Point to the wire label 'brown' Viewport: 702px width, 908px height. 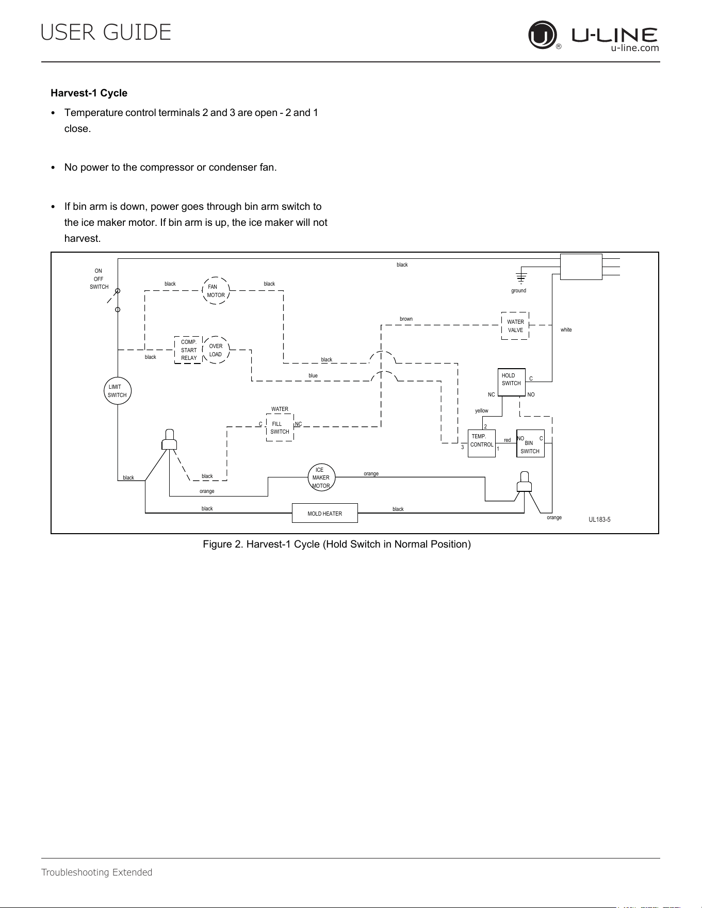[x=406, y=319]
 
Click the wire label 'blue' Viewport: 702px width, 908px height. [x=313, y=375]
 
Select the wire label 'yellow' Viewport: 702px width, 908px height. [x=482, y=411]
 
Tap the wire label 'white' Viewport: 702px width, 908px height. [x=566, y=329]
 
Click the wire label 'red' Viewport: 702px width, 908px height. [x=508, y=440]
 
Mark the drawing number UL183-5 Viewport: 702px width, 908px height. [x=599, y=520]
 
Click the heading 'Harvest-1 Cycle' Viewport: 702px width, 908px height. [x=89, y=93]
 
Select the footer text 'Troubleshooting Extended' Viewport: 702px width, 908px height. [x=96, y=872]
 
